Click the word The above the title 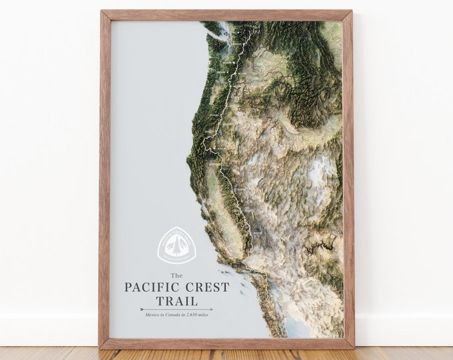176,276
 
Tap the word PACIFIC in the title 151,288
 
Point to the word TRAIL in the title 177,301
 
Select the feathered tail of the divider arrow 143,309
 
